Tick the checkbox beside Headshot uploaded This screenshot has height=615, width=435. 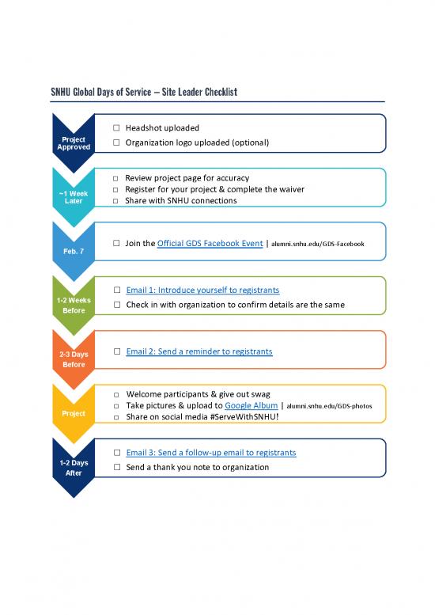click(116, 128)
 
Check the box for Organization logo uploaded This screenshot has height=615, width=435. click(116, 142)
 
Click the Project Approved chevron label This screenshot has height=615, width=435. click(73, 143)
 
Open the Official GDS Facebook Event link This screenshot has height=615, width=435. click(210, 244)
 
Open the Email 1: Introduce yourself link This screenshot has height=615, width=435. click(202, 290)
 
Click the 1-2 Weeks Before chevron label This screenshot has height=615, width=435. click(73, 305)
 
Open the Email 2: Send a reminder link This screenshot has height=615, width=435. click(199, 351)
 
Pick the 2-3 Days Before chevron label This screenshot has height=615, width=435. click(73, 359)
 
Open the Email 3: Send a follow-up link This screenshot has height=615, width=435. click(210, 453)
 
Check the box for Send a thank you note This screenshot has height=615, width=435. click(116, 468)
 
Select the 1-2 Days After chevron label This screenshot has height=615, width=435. click(73, 467)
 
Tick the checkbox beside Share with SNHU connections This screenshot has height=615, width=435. click(116, 201)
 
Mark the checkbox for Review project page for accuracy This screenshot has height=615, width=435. click(116, 179)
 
